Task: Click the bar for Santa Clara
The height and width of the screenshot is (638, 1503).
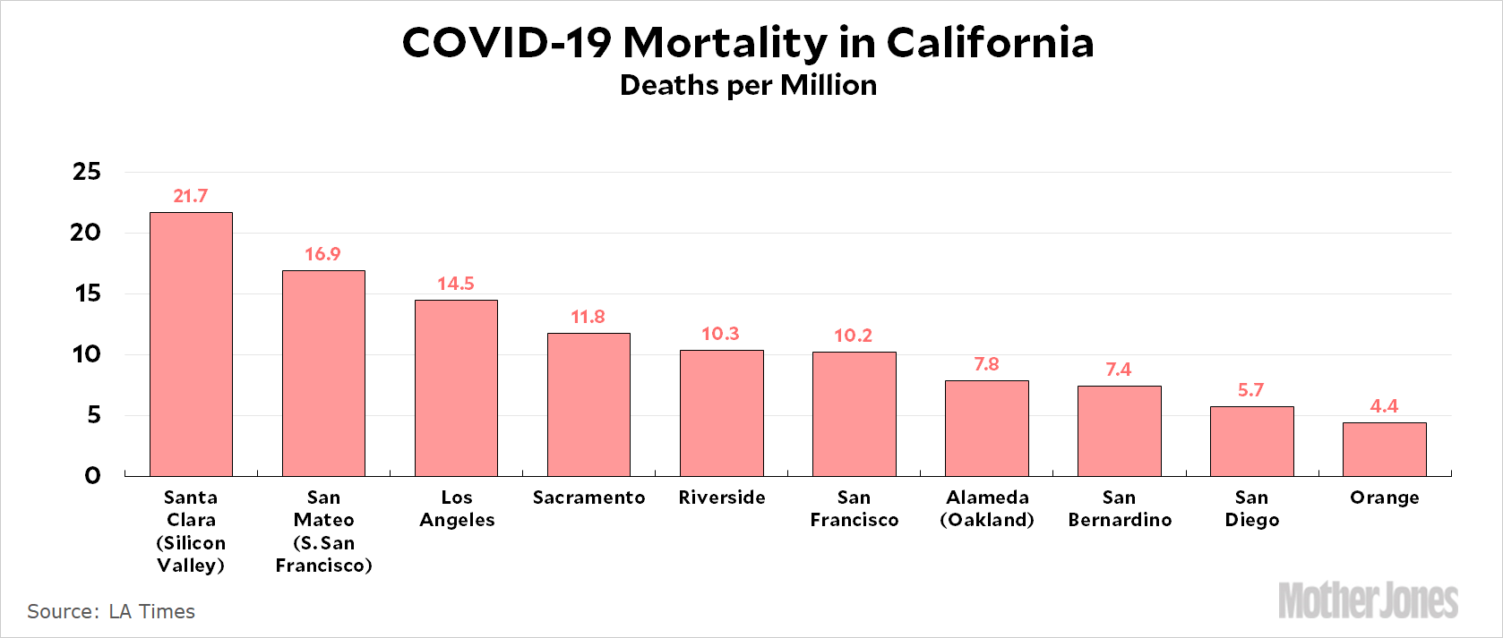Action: click(191, 345)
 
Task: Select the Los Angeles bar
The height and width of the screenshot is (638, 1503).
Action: click(456, 387)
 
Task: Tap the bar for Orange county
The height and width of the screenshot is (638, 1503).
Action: click(1384, 449)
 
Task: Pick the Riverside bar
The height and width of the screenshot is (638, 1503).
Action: click(721, 413)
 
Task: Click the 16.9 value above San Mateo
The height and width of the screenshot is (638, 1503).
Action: click(322, 254)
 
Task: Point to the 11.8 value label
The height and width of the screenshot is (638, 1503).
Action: click(588, 317)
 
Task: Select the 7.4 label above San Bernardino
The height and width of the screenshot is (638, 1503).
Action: click(1118, 370)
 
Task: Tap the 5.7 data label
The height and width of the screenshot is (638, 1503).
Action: click(1250, 390)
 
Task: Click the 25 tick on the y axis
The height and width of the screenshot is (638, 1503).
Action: click(87, 172)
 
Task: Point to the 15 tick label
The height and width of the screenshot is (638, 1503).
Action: click(88, 293)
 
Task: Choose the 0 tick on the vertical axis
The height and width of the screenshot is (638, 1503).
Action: click(92, 476)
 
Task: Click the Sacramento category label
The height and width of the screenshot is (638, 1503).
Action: click(588, 498)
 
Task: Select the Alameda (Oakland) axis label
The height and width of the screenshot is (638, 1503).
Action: click(987, 508)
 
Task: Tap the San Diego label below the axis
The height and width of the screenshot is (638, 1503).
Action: click(1251, 508)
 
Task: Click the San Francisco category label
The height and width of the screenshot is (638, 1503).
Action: click(854, 508)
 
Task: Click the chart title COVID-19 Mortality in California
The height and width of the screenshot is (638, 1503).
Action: click(748, 43)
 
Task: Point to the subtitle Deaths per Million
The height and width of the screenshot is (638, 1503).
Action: click(748, 85)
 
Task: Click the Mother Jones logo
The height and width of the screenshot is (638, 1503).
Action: click(1368, 600)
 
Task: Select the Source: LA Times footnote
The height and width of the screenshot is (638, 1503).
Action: click(111, 611)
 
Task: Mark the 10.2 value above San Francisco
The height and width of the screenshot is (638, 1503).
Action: click(853, 336)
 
